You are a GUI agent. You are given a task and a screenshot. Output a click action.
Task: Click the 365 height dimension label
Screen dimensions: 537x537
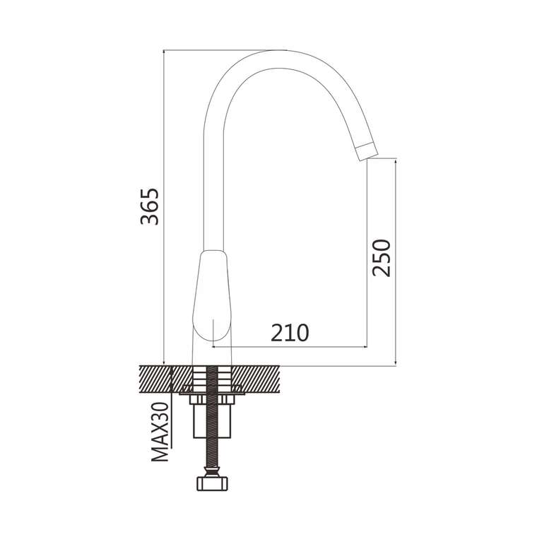(150, 206)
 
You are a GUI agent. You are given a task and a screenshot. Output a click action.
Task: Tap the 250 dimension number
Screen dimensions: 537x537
(382, 258)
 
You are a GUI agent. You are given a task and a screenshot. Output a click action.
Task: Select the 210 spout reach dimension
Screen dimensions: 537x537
(290, 333)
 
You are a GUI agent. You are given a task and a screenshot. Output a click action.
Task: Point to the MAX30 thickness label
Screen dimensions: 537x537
(160, 432)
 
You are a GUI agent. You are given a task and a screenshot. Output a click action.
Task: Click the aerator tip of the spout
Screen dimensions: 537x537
(367, 153)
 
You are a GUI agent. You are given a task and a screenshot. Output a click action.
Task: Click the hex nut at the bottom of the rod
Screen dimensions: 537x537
(213, 483)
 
